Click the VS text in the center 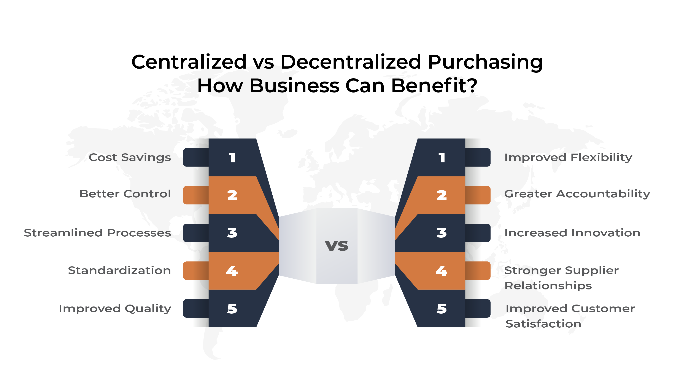coord(337,246)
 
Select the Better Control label coord(125,194)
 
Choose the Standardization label coord(119,270)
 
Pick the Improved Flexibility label coord(568,157)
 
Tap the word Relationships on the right coord(548,286)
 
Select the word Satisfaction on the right coord(543,324)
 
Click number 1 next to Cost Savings coord(232,158)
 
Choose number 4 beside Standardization coord(232,271)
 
